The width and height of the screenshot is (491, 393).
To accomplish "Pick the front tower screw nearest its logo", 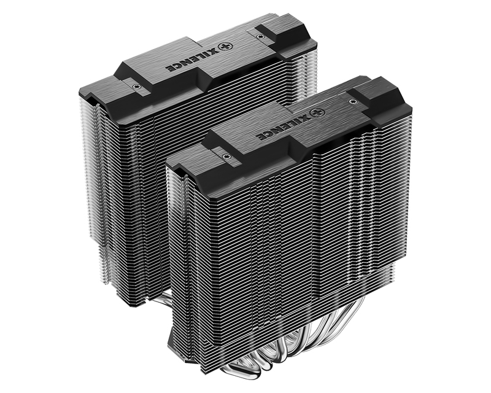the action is point(354,98).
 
